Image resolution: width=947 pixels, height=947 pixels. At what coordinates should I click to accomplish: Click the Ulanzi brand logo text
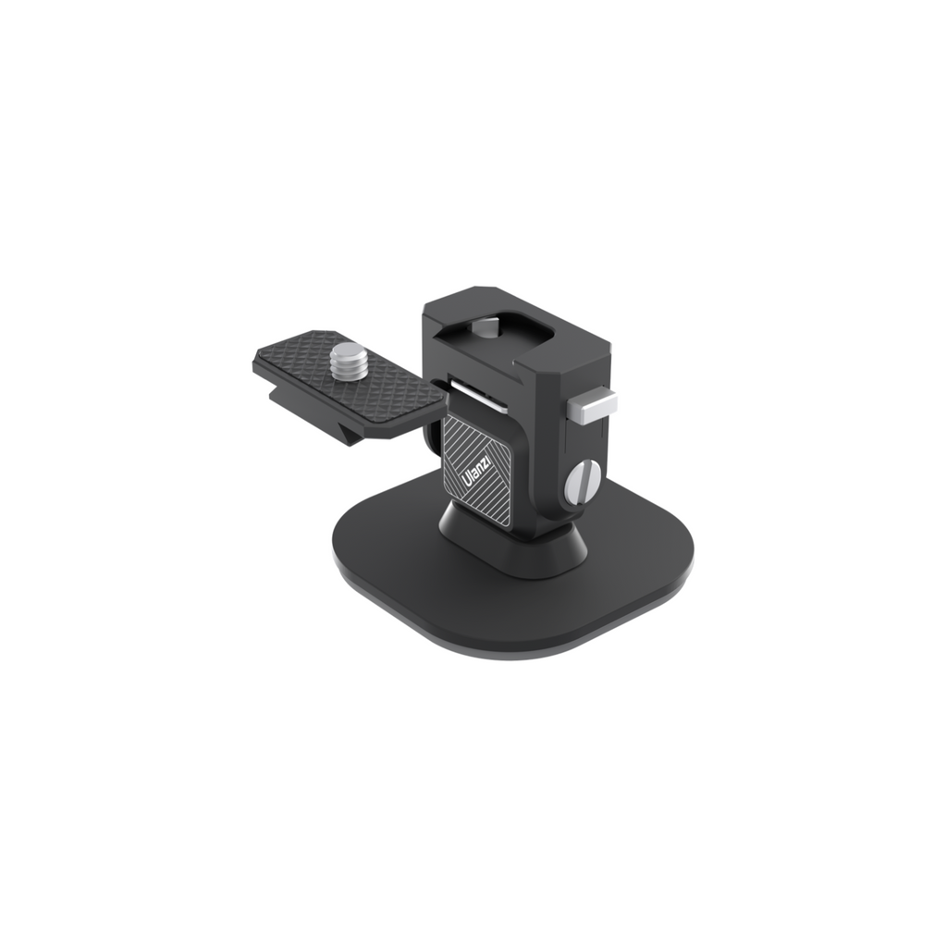pyautogui.click(x=478, y=471)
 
